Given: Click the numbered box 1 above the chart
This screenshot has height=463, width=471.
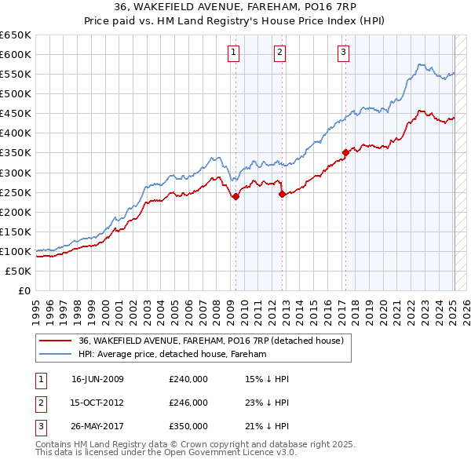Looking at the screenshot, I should coord(235,53).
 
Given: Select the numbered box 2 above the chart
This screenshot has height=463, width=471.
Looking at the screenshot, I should coord(279,53).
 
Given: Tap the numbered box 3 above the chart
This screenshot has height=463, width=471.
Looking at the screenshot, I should coord(344,53).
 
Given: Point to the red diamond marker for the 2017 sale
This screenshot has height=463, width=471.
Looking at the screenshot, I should coord(345,152).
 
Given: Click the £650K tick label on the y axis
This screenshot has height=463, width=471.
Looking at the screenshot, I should coord(16,35).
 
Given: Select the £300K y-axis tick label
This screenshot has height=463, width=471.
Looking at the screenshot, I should coord(16,173).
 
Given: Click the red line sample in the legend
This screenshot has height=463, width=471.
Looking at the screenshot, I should coord(55,341).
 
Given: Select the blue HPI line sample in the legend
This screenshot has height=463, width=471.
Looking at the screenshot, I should coord(55,355).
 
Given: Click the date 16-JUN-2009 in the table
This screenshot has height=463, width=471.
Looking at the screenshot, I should coord(97,379).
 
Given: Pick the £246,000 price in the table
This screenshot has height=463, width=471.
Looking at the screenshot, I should coord(188,403).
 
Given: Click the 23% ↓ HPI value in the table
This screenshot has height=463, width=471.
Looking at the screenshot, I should coord(267,403).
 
